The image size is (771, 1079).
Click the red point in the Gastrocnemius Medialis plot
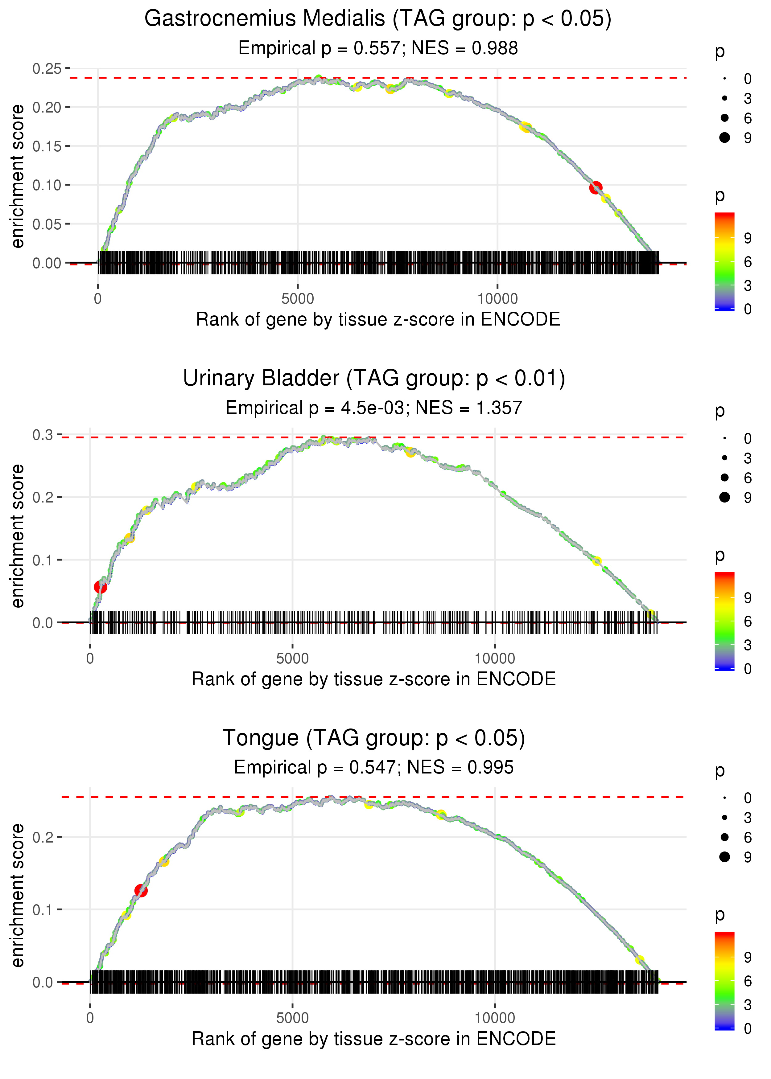point(596,188)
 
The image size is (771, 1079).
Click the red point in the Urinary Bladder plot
point(100,587)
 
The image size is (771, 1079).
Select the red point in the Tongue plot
point(141,891)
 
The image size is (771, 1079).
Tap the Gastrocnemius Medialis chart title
point(378,19)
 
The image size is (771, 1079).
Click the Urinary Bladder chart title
point(374,379)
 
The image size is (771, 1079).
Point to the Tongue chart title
point(374,738)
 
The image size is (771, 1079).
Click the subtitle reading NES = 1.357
point(374,408)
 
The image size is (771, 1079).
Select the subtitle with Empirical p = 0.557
point(378,48)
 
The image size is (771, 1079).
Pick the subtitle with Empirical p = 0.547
point(374,768)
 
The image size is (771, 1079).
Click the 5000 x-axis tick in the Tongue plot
point(292,1018)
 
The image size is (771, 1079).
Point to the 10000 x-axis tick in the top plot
point(497,299)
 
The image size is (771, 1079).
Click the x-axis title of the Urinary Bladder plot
point(374,679)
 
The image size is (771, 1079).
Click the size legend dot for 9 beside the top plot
point(724,137)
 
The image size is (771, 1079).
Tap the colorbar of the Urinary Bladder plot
point(724,621)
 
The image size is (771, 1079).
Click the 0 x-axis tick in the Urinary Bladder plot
point(90,658)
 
